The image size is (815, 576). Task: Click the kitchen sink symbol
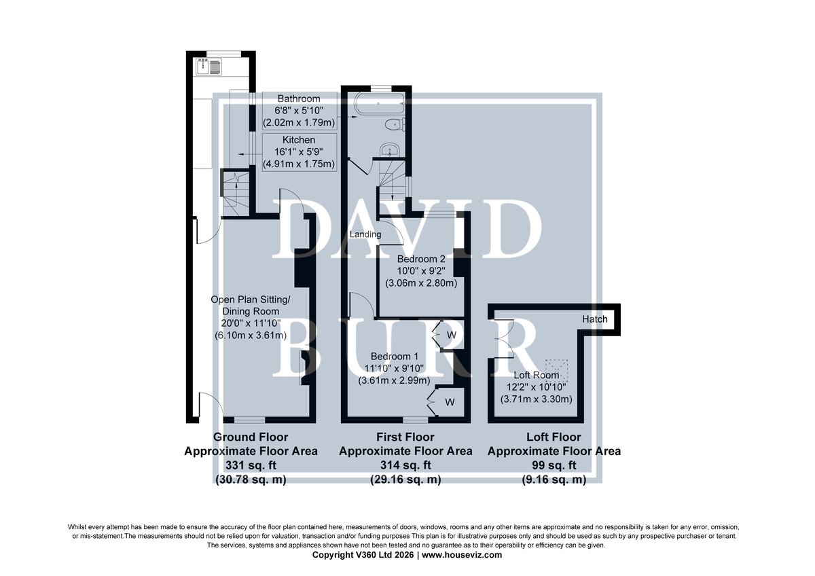click(209, 67)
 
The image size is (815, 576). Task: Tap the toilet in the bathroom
click(395, 124)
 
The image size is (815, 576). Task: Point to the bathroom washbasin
click(390, 149)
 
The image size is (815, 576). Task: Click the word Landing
click(365, 234)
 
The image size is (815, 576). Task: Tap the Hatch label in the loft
click(594, 319)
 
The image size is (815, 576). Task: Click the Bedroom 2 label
click(421, 259)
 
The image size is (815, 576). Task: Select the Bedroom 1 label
click(395, 356)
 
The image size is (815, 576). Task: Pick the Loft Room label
click(536, 375)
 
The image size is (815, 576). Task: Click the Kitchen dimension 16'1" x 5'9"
click(299, 151)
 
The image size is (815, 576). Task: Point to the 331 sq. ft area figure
click(251, 465)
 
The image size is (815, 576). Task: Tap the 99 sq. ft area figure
click(554, 465)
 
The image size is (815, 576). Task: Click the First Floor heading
click(405, 437)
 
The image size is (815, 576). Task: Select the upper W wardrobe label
click(451, 335)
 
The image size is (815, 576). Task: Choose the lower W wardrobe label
click(450, 402)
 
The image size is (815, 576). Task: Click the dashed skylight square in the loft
click(556, 370)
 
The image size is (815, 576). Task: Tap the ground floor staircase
click(236, 194)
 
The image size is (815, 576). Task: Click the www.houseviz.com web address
click(462, 555)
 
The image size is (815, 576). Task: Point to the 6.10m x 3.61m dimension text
click(251, 336)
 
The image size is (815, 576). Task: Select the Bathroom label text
click(299, 98)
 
